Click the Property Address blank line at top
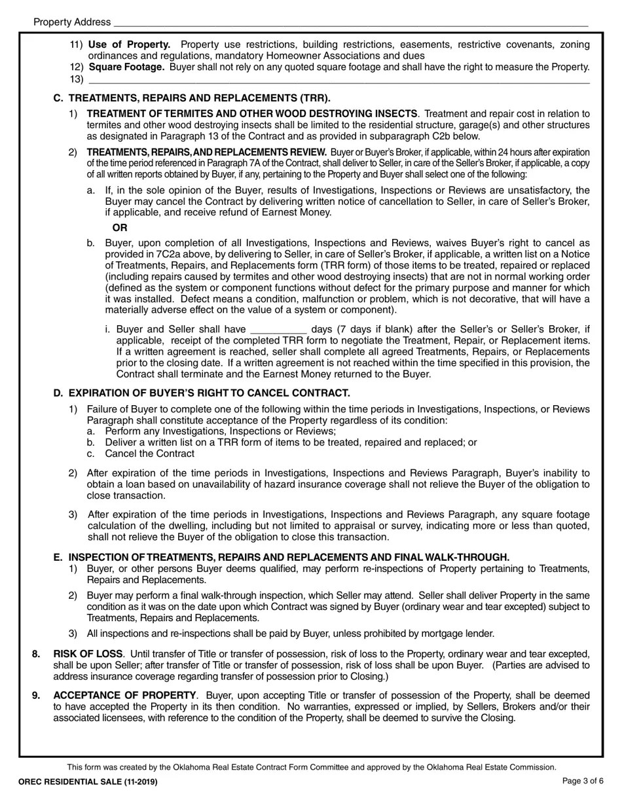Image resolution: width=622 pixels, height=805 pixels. coord(350,23)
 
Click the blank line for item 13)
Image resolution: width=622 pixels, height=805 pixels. coord(338,80)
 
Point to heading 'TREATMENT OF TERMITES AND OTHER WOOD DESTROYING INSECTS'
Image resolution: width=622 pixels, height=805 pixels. coord(252,114)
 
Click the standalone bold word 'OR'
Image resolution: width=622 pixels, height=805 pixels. coord(120,228)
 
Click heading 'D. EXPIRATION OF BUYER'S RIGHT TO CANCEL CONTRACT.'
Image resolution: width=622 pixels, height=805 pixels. coord(202,393)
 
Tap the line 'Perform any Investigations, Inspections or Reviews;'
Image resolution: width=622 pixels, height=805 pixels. coord(220,431)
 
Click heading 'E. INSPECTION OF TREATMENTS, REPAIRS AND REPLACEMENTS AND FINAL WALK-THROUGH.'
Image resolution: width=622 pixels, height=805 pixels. coord(281,558)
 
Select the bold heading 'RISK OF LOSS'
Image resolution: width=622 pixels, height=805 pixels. coord(88,654)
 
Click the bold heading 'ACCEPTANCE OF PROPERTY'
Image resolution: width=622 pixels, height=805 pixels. coord(124,695)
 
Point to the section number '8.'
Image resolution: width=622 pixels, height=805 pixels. coord(37,654)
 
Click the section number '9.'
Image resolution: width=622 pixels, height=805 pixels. coord(37,695)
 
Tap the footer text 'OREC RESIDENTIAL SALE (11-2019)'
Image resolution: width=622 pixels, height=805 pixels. coord(88,781)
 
